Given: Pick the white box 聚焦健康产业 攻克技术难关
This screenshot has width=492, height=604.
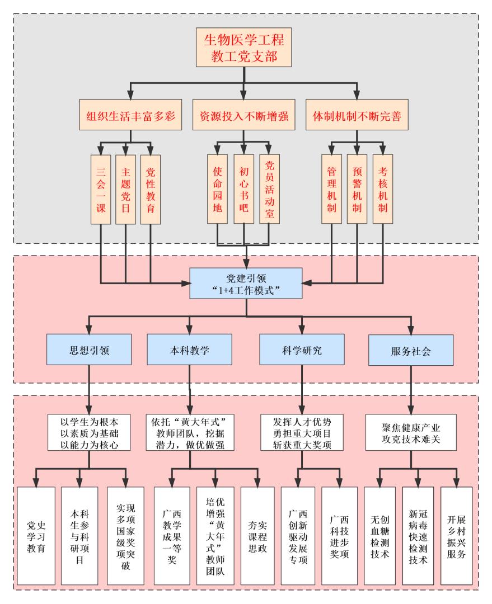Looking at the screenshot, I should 411,432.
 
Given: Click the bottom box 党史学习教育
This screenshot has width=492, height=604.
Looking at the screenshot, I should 36,534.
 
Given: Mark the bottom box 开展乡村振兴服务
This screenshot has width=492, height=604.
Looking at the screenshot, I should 457,534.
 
